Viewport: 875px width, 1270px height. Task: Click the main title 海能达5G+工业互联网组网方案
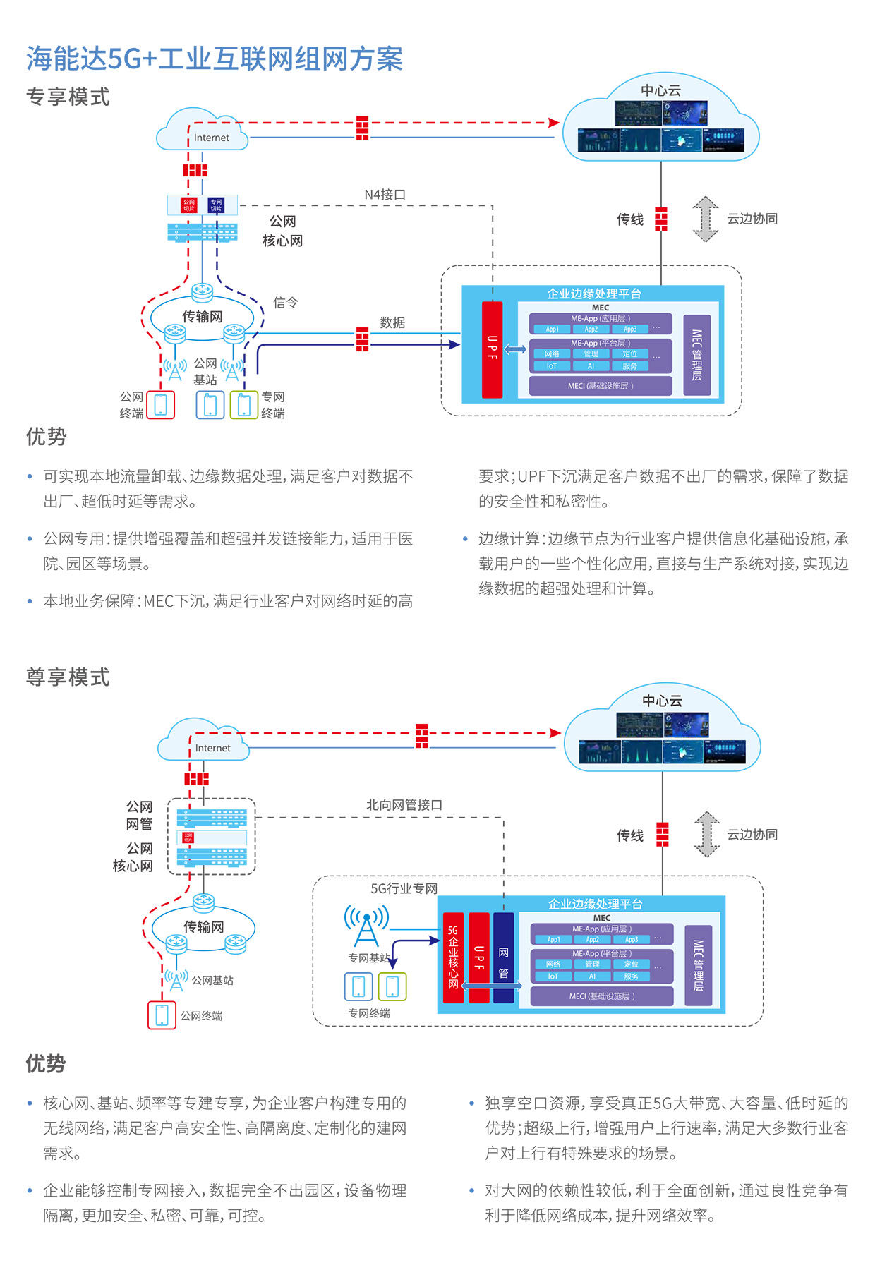click(x=215, y=59)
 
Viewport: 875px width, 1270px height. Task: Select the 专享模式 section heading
click(x=68, y=97)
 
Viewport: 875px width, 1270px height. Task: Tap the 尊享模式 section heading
click(x=68, y=677)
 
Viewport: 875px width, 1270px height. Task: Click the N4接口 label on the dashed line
click(x=385, y=195)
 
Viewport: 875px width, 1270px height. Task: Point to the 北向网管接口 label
click(x=404, y=805)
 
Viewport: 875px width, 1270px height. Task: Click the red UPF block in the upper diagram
click(x=492, y=349)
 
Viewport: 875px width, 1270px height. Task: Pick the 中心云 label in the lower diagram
click(x=662, y=701)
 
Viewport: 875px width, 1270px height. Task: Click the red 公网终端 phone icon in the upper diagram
click(x=161, y=405)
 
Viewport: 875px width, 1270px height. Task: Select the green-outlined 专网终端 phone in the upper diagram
click(x=244, y=405)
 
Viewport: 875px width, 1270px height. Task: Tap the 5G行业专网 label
click(x=404, y=888)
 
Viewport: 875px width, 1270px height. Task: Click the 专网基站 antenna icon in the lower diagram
click(x=366, y=927)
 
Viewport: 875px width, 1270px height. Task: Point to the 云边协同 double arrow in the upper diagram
click(x=705, y=219)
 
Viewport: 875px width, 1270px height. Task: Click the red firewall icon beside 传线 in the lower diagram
click(x=662, y=835)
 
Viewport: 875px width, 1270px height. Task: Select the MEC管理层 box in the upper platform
click(x=696, y=355)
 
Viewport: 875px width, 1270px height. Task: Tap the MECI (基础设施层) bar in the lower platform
click(x=601, y=996)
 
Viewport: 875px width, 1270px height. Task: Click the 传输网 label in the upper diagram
click(x=203, y=317)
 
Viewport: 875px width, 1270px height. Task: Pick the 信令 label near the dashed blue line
click(x=286, y=303)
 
